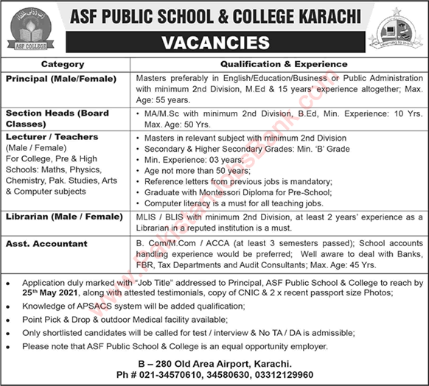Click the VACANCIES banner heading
point(214,43)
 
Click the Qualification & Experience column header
point(279,65)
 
